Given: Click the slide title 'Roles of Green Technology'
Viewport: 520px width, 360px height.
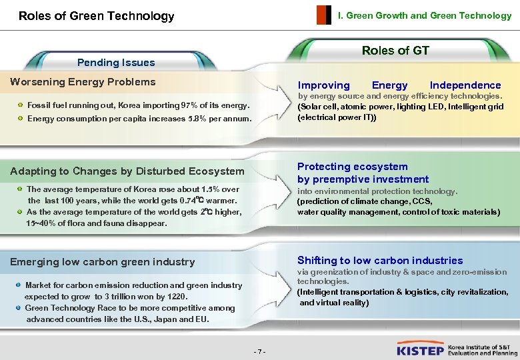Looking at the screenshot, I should coord(96,16).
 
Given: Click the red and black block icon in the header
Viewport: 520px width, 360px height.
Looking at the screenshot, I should coord(323,15).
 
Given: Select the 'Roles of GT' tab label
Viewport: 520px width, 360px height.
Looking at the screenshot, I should coord(395,51).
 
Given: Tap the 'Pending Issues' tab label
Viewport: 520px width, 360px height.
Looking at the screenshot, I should coord(116,63).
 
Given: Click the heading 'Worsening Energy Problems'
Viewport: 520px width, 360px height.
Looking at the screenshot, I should coord(83,82).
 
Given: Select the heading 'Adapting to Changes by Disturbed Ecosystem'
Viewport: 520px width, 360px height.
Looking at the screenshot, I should coord(127,171).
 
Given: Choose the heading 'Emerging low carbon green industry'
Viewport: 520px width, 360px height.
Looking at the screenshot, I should coord(103,262).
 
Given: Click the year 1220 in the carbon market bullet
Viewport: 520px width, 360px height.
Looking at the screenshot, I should coord(178,297).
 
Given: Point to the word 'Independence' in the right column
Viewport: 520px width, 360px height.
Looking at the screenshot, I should coord(465,85).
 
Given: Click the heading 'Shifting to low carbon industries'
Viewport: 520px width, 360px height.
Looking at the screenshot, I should coord(380,261).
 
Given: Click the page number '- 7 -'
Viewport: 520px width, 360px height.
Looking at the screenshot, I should coord(260,351).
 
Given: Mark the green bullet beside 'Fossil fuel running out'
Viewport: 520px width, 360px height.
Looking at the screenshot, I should coord(21,105).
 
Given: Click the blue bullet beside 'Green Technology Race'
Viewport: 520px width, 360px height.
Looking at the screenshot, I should coord(19,308).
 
